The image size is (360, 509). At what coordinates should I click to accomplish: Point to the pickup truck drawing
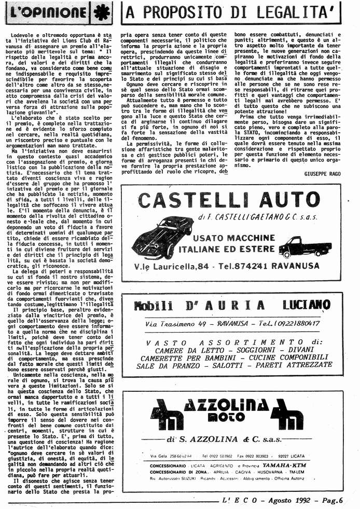coord(304,247)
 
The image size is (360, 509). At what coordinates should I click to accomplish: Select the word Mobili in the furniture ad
coord(154,305)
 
